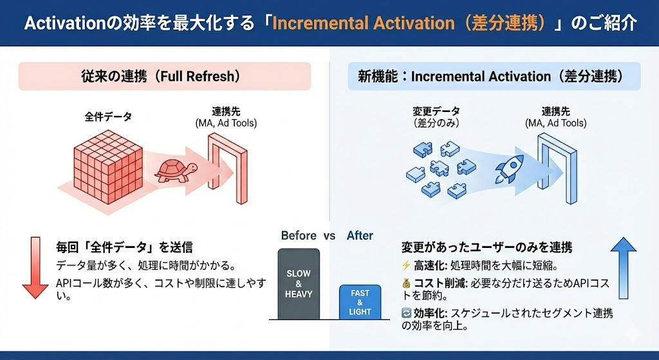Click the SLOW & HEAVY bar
(299, 284)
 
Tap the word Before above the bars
(299, 236)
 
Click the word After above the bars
(360, 236)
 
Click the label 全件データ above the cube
(108, 117)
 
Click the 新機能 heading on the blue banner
(374, 77)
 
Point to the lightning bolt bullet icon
(406, 265)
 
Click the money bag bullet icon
(406, 283)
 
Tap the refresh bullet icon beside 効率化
(406, 313)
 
